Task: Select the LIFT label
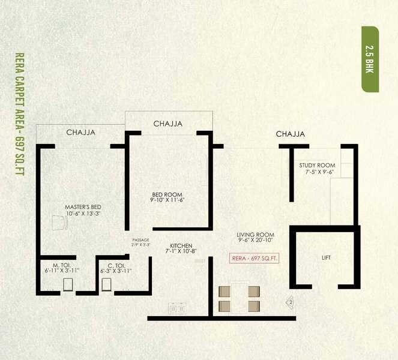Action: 326,258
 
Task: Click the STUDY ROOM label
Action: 317,166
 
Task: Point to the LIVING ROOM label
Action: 255,235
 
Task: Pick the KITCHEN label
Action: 181,246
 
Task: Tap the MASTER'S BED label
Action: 82,207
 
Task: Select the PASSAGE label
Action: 141,240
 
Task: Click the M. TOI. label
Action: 62,265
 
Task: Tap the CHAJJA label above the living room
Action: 290,134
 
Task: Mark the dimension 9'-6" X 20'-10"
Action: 255,241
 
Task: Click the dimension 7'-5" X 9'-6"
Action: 319,172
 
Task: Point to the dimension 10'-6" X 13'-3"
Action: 82,213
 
